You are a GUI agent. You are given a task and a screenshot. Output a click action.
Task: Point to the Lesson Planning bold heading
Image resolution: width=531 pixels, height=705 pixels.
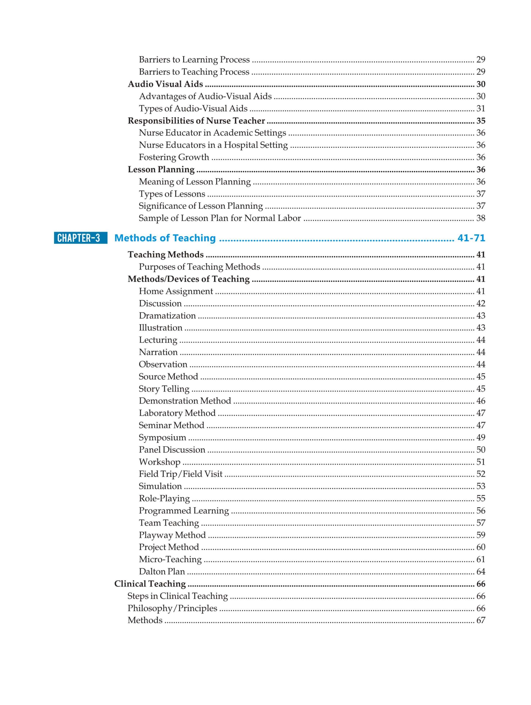161,170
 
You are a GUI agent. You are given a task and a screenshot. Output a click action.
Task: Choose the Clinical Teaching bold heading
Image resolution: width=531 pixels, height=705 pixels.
150,584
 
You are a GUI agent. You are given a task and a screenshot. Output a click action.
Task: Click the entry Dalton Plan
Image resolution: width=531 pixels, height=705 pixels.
162,571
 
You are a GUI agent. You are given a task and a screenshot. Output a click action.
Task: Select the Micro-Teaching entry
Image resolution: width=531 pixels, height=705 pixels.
170,559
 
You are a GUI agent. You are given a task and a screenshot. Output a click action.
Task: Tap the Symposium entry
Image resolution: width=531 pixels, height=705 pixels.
162,438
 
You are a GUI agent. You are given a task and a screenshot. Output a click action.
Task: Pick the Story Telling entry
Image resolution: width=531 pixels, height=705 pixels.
164,389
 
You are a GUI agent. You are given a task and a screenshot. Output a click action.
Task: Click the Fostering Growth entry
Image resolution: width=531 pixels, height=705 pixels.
174,157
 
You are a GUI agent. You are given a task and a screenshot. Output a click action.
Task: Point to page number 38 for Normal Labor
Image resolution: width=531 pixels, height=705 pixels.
480,218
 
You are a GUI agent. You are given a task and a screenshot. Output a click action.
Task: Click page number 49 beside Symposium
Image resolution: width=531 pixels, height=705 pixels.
480,438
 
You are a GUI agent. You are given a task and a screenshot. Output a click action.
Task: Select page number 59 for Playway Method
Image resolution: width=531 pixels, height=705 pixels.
480,535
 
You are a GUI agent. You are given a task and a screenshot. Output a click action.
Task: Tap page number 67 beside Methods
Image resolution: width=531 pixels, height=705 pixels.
480,620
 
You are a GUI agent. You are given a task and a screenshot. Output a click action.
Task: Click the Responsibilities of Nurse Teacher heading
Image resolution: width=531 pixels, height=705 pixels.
196,121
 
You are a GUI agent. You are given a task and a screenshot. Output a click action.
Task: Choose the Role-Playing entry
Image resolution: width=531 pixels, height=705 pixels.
164,498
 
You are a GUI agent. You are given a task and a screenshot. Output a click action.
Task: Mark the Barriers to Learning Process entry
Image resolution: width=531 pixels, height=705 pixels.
194,59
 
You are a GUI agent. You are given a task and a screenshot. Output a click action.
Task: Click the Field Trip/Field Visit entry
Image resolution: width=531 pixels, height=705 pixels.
180,474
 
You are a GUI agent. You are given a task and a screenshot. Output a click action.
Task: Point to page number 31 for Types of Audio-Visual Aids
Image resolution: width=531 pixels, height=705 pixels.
480,109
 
